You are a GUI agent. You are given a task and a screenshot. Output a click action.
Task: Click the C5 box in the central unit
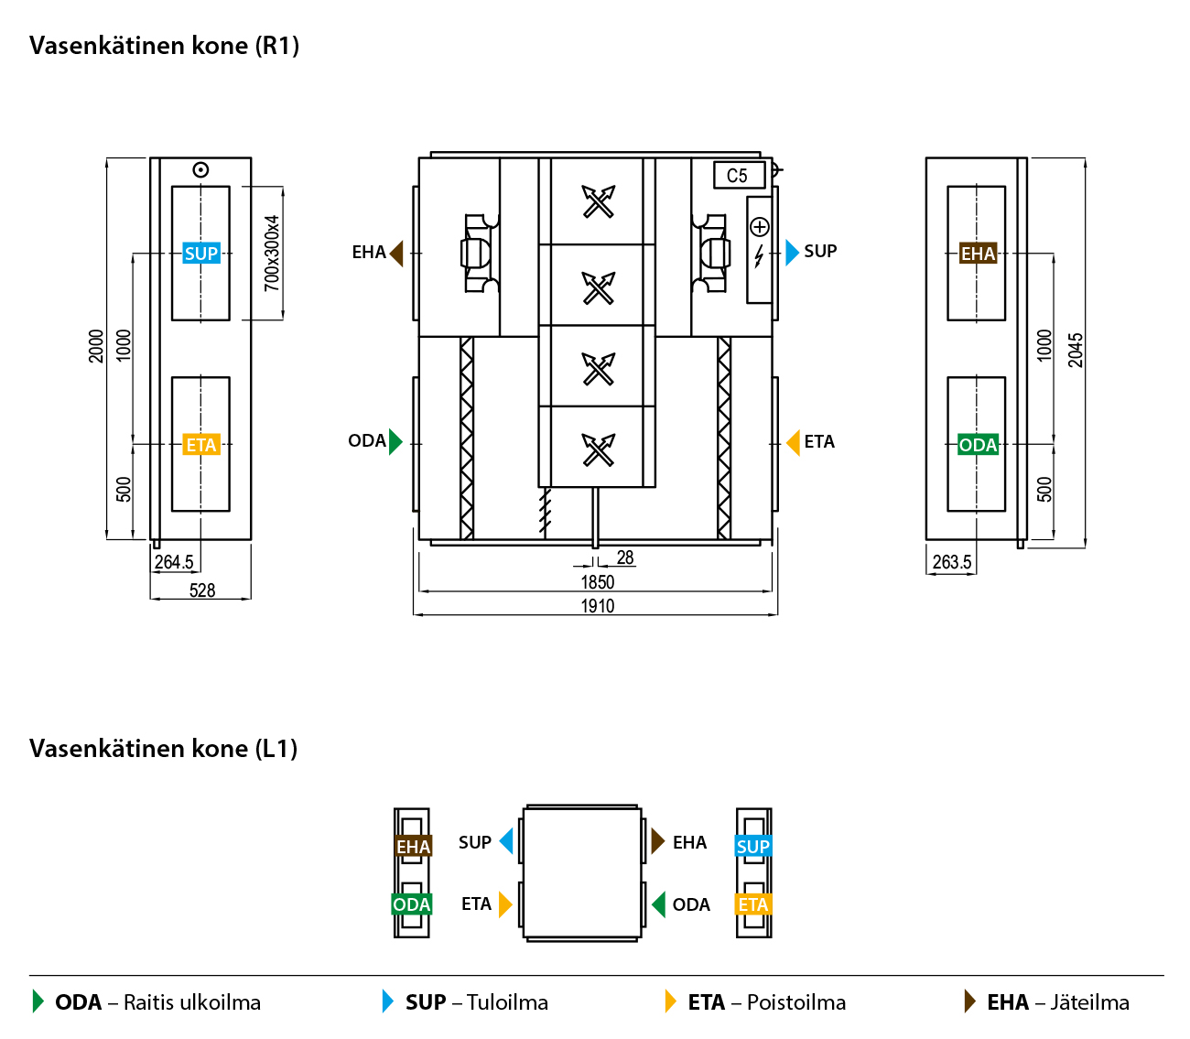[738, 175]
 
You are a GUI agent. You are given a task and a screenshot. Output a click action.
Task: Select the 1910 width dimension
[598, 606]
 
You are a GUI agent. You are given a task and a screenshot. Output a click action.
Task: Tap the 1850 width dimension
[598, 582]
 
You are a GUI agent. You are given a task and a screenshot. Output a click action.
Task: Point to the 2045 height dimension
[1076, 350]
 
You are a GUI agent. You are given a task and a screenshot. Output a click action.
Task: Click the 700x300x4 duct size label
[272, 254]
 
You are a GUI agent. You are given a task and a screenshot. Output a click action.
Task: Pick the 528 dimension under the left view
[202, 590]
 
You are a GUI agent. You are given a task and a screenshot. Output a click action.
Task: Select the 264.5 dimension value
[174, 562]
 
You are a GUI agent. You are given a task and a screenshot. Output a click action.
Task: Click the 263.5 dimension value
[952, 562]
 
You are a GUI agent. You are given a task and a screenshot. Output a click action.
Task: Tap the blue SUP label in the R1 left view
[201, 254]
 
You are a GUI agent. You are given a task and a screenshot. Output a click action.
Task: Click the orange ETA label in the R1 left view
[201, 445]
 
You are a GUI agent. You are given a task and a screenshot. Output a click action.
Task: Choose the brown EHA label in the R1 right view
[978, 254]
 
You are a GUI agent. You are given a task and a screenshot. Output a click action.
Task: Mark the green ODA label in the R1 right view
[978, 445]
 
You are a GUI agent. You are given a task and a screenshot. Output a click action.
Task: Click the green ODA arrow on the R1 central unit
[395, 441]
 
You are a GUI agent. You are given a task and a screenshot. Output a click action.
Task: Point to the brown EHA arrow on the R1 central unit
[396, 253]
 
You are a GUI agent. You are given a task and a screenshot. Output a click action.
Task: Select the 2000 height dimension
[96, 346]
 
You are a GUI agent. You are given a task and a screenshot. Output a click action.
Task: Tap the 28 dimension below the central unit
[625, 557]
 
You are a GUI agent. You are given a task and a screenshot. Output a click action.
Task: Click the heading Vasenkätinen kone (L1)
[164, 749]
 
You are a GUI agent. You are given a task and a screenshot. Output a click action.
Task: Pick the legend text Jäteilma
[1089, 1002]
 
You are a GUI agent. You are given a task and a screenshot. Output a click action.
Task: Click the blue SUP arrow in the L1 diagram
[506, 841]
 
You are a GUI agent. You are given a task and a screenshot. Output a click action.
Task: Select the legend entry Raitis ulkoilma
[192, 1002]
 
